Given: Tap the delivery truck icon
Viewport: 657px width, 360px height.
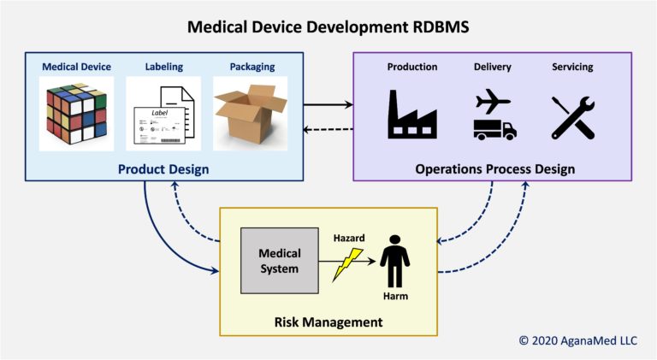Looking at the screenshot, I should (494, 128).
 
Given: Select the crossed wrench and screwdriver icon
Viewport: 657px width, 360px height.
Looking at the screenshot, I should (573, 115).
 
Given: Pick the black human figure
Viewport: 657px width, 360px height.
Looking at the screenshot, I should (394, 260).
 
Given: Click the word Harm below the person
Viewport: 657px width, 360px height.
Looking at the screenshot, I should (394, 297).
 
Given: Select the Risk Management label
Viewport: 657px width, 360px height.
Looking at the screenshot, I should (328, 322).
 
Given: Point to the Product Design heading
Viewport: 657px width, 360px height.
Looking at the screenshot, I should (163, 169).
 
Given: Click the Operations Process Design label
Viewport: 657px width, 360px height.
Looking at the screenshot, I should (494, 169).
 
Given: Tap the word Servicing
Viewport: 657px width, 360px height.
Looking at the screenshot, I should (573, 67).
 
